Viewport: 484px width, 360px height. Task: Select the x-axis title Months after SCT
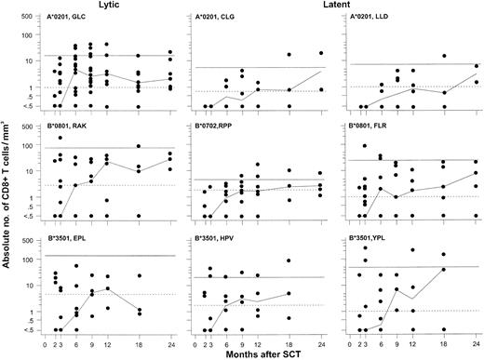266,353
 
